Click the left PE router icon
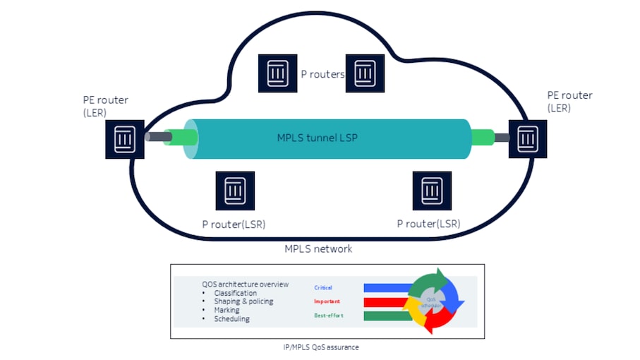pyautogui.click(x=125, y=137)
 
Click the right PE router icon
pyautogui.click(x=527, y=138)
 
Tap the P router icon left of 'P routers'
pyautogui.click(x=277, y=73)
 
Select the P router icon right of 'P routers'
pyautogui.click(x=364, y=73)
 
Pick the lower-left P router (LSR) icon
pyautogui.click(x=234, y=191)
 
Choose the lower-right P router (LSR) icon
pyautogui.click(x=432, y=191)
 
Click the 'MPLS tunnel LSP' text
pyautogui.click(x=317, y=138)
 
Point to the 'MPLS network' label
pyautogui.click(x=318, y=248)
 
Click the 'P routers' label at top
pyautogui.click(x=322, y=74)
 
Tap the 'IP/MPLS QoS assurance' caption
pyautogui.click(x=327, y=347)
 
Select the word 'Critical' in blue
pyautogui.click(x=323, y=287)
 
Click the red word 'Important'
pyautogui.click(x=327, y=301)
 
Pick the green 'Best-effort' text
pyautogui.click(x=328, y=315)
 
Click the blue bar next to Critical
pyautogui.click(x=387, y=288)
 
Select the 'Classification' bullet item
pyautogui.click(x=236, y=293)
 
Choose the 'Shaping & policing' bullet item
pyautogui.click(x=243, y=301)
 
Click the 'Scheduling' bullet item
pyautogui.click(x=231, y=319)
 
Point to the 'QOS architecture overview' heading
pyautogui.click(x=245, y=284)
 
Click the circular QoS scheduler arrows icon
pyautogui.click(x=433, y=299)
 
